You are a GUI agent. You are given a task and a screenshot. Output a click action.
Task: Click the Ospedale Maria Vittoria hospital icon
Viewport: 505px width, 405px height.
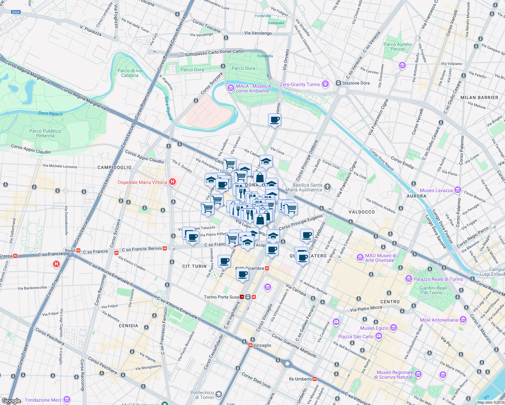tap(172, 182)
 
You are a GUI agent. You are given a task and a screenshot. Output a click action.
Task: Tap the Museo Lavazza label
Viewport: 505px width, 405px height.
tap(436, 190)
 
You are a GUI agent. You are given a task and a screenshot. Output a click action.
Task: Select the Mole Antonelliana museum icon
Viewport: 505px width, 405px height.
tap(463, 319)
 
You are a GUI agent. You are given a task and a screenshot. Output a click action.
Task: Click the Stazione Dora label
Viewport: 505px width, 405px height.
tap(356, 83)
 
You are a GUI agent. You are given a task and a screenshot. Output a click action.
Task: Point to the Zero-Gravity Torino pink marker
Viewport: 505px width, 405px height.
tap(325, 84)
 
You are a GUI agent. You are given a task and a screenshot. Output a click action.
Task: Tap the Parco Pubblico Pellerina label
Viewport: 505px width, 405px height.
tap(45, 133)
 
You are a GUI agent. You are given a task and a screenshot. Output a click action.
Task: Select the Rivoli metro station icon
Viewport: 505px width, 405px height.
tap(78, 251)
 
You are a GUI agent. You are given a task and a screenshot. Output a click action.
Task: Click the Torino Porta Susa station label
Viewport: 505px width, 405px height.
tap(221, 297)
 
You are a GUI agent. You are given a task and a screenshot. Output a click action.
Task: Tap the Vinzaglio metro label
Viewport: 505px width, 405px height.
tap(262, 345)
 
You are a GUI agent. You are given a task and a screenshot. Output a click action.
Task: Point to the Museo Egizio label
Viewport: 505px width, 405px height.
tap(374, 328)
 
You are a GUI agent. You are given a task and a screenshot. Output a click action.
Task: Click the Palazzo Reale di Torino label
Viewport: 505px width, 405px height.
tap(438, 279)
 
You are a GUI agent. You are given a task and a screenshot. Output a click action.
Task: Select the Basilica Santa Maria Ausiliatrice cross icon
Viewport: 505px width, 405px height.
tap(327, 187)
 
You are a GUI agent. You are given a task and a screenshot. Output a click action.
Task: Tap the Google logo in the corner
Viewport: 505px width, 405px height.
tap(11, 401)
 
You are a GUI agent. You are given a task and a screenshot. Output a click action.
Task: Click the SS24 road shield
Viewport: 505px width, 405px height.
tap(16, 12)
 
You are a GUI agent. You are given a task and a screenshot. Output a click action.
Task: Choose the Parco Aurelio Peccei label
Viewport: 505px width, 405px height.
tap(398, 47)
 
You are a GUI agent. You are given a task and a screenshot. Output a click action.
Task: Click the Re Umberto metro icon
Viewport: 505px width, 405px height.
tap(315, 379)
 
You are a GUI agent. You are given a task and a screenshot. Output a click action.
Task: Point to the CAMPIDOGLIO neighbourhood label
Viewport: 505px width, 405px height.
tap(114, 167)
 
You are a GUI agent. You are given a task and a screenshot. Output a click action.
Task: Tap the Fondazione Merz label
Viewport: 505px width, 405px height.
tap(43, 400)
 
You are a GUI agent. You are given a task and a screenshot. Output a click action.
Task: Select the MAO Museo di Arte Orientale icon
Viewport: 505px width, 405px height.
tap(360, 258)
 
